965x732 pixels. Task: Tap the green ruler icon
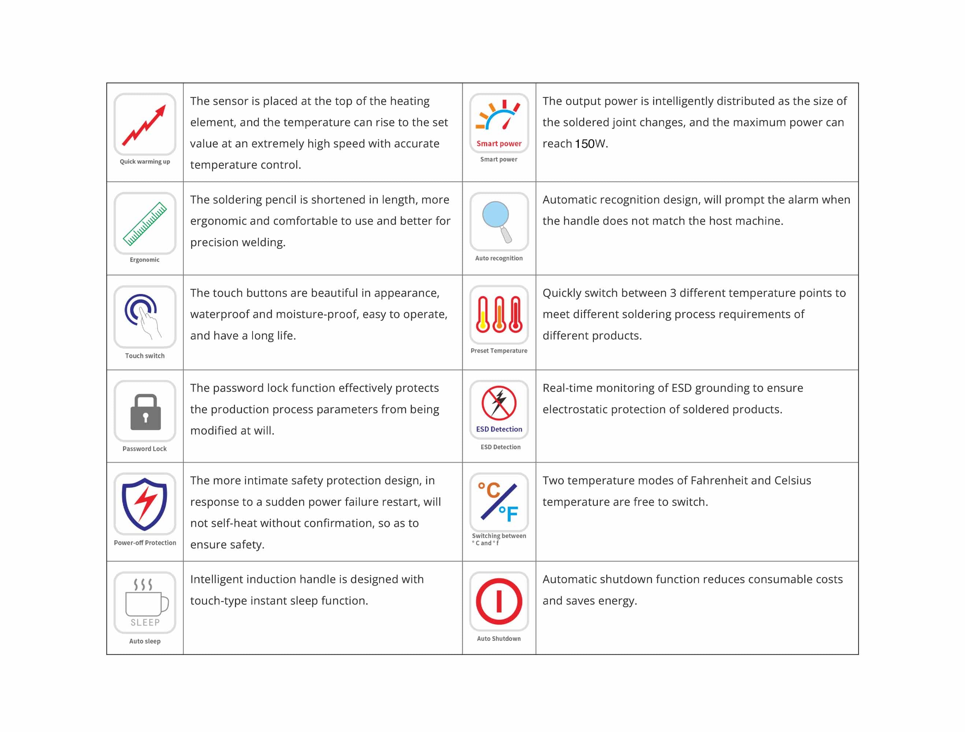coord(145,223)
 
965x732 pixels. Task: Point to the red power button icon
coord(499,601)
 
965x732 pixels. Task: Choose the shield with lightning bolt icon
coord(144,504)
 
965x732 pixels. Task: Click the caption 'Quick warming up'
coord(145,161)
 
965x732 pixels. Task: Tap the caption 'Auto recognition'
coord(499,258)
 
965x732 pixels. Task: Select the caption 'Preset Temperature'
coord(499,351)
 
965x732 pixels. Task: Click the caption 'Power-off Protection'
coord(145,543)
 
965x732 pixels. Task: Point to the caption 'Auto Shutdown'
coord(499,639)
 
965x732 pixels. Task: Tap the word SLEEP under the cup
coord(145,623)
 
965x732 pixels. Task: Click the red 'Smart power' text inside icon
coord(499,143)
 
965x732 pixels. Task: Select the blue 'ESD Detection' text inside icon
coord(499,429)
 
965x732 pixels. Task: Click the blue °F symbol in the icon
coord(509,513)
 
